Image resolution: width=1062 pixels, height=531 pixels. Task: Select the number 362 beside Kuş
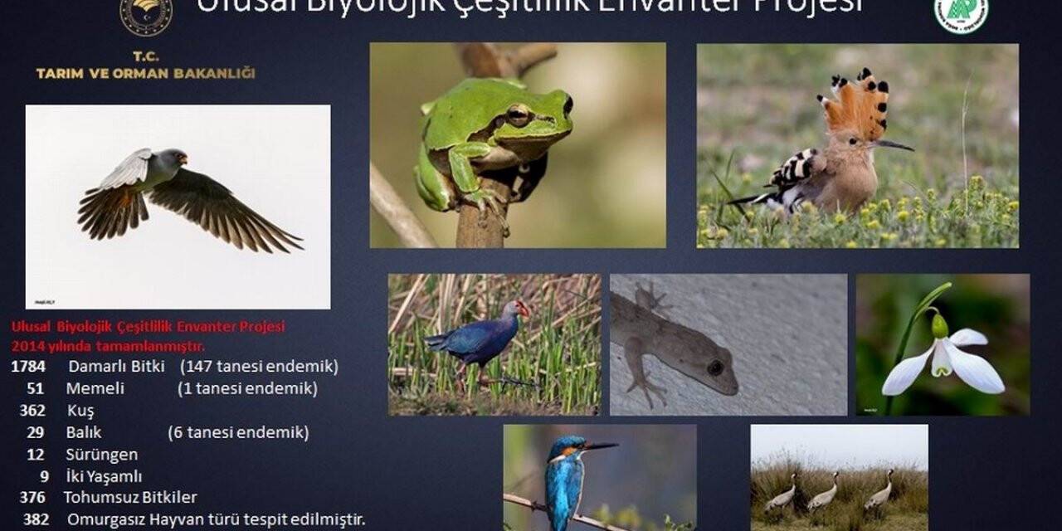(x=32, y=411)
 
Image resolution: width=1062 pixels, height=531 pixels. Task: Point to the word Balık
(x=84, y=432)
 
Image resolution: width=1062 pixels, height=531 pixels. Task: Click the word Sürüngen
(x=101, y=455)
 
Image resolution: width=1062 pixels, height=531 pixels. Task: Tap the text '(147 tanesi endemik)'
(x=259, y=367)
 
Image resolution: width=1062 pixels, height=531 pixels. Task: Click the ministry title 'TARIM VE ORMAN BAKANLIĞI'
(x=145, y=74)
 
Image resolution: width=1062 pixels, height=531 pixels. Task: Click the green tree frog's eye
(x=519, y=115)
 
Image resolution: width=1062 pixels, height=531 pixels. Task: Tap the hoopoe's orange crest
(x=856, y=104)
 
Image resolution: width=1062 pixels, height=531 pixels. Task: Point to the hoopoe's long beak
(x=894, y=145)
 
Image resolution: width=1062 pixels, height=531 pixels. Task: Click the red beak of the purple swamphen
(x=522, y=309)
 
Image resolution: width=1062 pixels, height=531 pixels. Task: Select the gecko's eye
(x=715, y=367)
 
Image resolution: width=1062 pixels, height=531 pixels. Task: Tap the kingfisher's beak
(x=601, y=446)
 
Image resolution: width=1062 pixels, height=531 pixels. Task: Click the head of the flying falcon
(x=172, y=158)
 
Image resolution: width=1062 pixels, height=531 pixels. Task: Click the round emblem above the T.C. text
(x=146, y=16)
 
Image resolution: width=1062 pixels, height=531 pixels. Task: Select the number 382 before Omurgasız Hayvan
(x=36, y=519)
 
